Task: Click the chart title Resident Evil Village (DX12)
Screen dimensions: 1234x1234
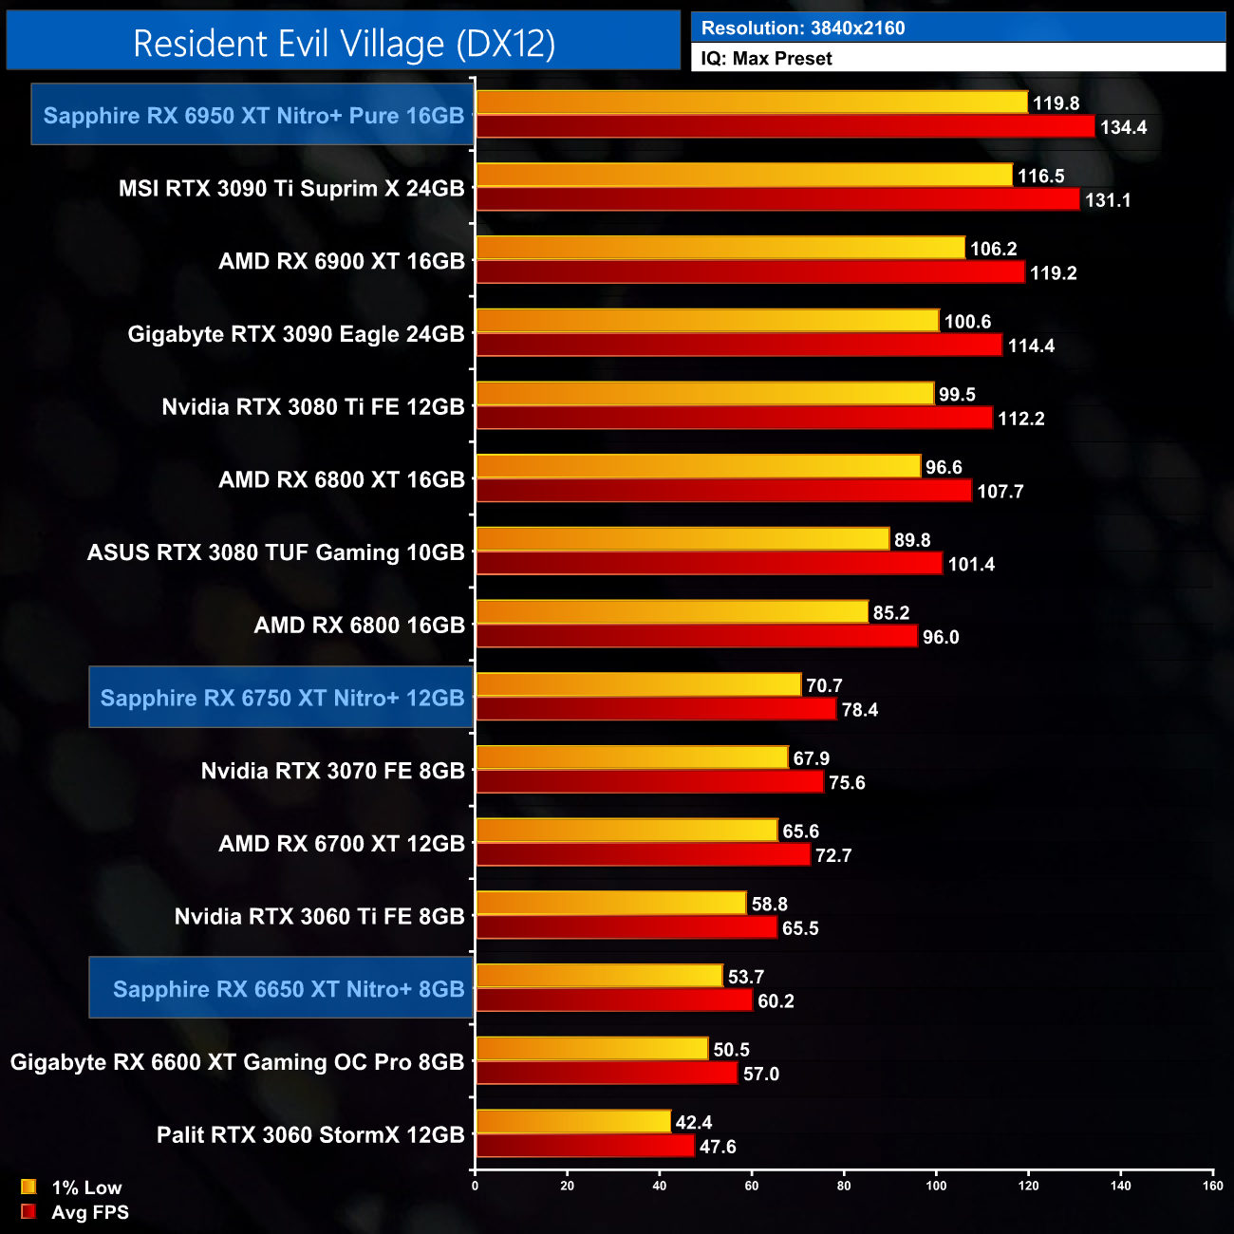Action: pos(344,44)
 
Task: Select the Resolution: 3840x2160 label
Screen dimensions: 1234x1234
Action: pos(803,28)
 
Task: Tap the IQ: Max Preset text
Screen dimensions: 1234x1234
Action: pos(766,59)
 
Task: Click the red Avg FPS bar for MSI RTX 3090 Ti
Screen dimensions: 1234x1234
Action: pos(777,199)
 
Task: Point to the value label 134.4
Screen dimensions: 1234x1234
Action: pos(1123,127)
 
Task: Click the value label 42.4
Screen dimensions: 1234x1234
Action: pos(693,1123)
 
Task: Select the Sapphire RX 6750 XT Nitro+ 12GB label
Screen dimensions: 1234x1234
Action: pos(282,698)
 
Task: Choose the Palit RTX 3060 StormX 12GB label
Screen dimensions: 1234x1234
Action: pos(310,1134)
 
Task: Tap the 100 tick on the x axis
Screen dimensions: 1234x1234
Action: pos(936,1185)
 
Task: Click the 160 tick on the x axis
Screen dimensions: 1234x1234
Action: pos(1212,1185)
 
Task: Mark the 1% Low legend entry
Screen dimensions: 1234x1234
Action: pos(72,1187)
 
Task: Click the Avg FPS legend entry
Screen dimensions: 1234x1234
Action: pos(76,1212)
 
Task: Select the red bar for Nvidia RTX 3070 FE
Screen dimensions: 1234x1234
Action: pos(649,782)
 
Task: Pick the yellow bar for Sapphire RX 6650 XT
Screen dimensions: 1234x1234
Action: pos(599,976)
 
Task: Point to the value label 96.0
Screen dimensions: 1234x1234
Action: pos(941,637)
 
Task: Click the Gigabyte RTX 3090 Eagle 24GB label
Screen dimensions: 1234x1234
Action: pos(296,334)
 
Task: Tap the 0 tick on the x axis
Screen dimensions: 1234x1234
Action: pos(475,1185)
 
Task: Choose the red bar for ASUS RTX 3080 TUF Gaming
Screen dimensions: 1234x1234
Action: pos(709,564)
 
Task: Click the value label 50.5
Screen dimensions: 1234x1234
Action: pos(731,1050)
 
